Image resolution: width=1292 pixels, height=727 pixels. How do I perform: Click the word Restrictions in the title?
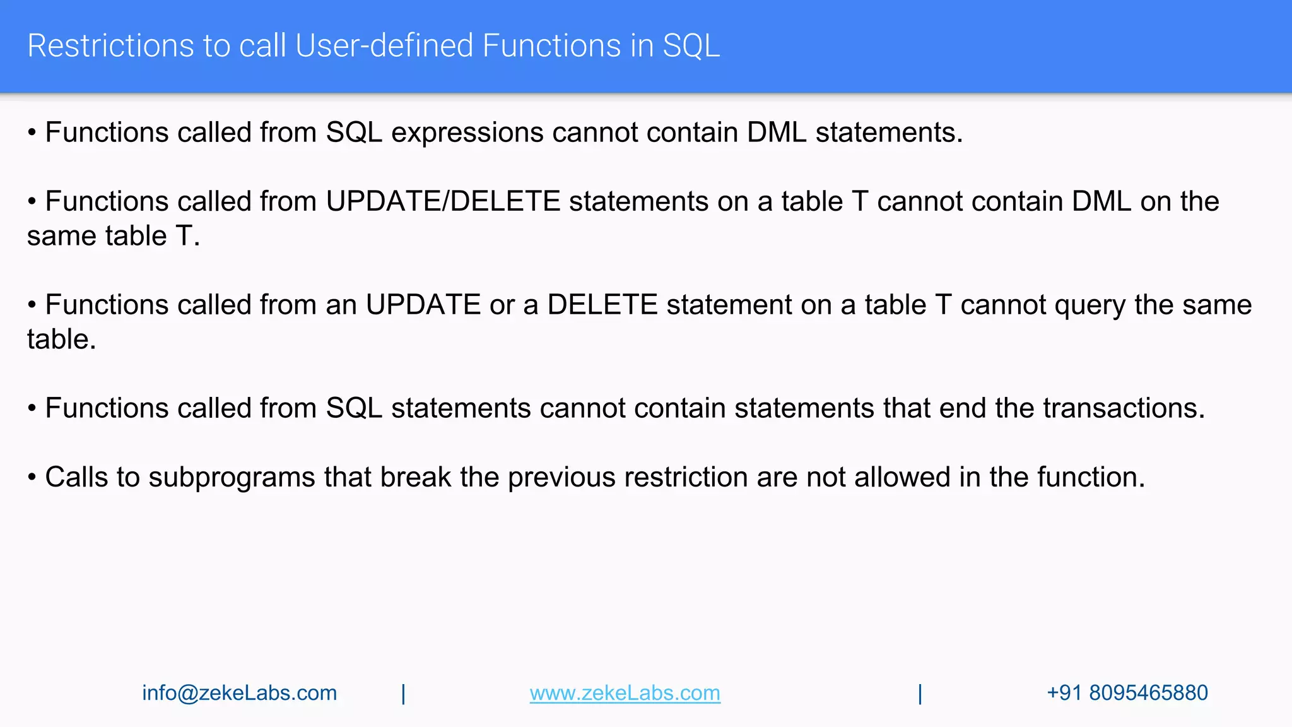point(110,46)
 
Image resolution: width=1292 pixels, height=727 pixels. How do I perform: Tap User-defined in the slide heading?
point(384,46)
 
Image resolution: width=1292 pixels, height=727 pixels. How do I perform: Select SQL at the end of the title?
point(691,46)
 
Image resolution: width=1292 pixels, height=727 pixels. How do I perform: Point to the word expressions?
point(467,133)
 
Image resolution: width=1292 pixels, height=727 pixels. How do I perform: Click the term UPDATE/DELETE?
point(443,202)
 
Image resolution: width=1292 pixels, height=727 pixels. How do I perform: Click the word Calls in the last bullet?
point(76,477)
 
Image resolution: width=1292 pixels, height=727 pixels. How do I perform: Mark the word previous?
point(561,478)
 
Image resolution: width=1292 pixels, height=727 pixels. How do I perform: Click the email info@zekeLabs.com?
point(240,693)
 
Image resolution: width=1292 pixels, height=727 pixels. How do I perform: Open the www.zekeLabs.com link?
point(625,693)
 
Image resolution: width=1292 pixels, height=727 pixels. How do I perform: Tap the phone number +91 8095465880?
point(1127,693)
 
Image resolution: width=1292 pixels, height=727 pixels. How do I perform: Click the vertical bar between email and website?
point(404,694)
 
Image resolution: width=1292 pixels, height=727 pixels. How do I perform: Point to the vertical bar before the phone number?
point(920,694)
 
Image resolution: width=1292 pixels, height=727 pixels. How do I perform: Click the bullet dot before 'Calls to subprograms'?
point(32,478)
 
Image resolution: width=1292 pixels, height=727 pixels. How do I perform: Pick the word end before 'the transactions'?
point(962,408)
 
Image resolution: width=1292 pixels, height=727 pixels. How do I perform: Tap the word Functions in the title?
point(549,46)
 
